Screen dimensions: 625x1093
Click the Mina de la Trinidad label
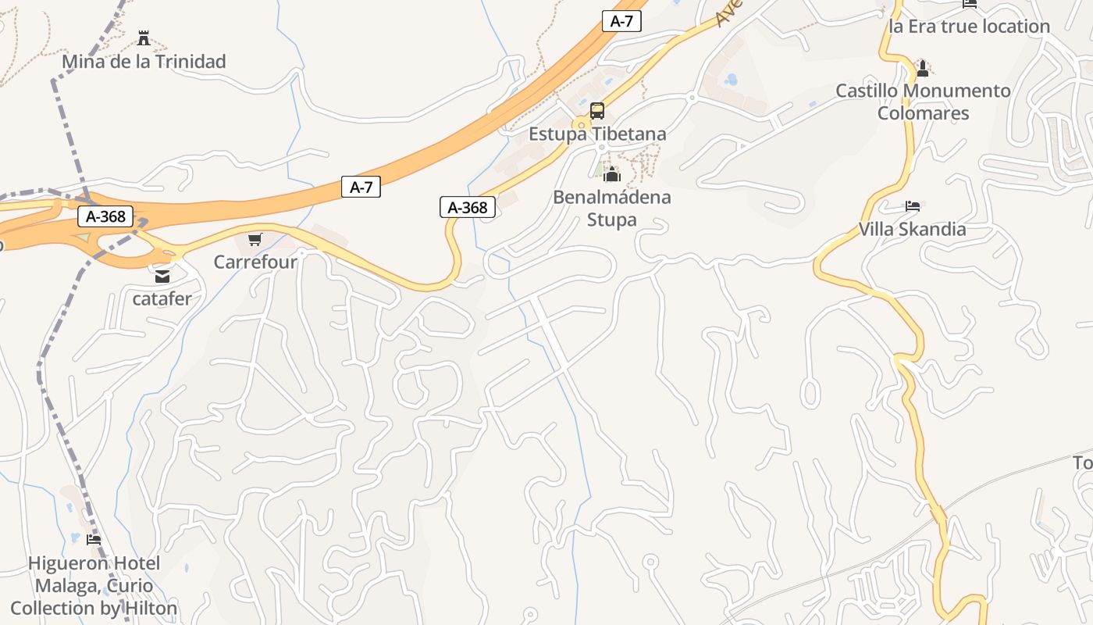click(x=144, y=61)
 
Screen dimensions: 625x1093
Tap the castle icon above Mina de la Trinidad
click(x=144, y=37)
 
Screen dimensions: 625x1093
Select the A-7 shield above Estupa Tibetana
click(x=621, y=21)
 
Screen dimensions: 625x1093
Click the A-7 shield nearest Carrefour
click(x=361, y=187)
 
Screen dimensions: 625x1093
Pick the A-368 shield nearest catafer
click(x=105, y=216)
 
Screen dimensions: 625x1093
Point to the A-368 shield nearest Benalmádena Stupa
click(x=468, y=207)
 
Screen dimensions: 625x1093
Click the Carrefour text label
click(x=255, y=262)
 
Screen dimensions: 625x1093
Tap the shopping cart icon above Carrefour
click(x=255, y=239)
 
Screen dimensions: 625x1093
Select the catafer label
click(x=162, y=298)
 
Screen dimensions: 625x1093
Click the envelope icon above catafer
click(x=162, y=276)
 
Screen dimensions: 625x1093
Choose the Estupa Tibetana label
click(x=597, y=134)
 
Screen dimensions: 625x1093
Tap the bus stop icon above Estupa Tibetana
click(x=597, y=111)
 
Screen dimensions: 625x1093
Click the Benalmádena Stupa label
click(x=612, y=208)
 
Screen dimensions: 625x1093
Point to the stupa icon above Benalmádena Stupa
click(x=612, y=174)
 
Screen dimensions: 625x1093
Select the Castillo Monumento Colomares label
click(x=923, y=102)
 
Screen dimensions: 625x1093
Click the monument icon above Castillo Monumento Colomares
click(x=923, y=68)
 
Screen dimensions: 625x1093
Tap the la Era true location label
click(x=969, y=26)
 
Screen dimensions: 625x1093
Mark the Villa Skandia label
click(x=913, y=229)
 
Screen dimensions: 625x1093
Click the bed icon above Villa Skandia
click(x=913, y=206)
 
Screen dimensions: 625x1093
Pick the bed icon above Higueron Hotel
click(x=94, y=540)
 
